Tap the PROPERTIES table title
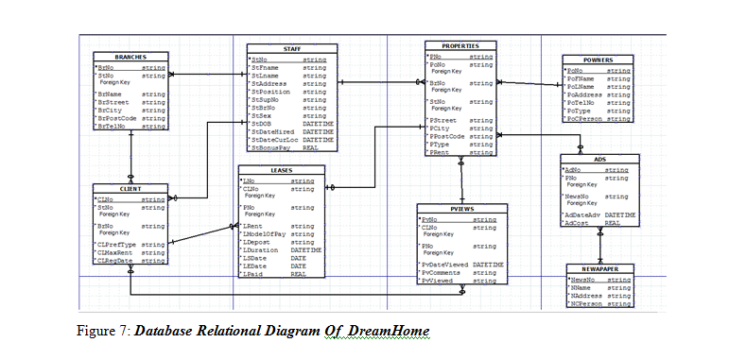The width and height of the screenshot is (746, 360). pyautogui.click(x=460, y=45)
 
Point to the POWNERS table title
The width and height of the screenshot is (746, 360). pyautogui.click(x=597, y=60)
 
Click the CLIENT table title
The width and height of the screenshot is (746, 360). pyautogui.click(x=130, y=189)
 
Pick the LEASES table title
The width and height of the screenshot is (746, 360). pyautogui.click(x=281, y=170)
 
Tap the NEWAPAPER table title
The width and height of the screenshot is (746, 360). pyautogui.click(x=599, y=269)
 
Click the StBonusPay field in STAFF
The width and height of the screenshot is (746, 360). pyautogui.click(x=269, y=148)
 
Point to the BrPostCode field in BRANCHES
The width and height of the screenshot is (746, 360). pyautogui.click(x=117, y=118)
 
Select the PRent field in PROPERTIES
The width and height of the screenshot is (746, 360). pyautogui.click(x=440, y=152)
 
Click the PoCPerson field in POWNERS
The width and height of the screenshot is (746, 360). pyautogui.click(x=584, y=119)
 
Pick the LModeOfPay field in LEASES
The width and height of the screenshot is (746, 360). pyautogui.click(x=265, y=234)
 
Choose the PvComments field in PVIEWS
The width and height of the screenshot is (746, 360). pyautogui.click(x=443, y=272)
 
